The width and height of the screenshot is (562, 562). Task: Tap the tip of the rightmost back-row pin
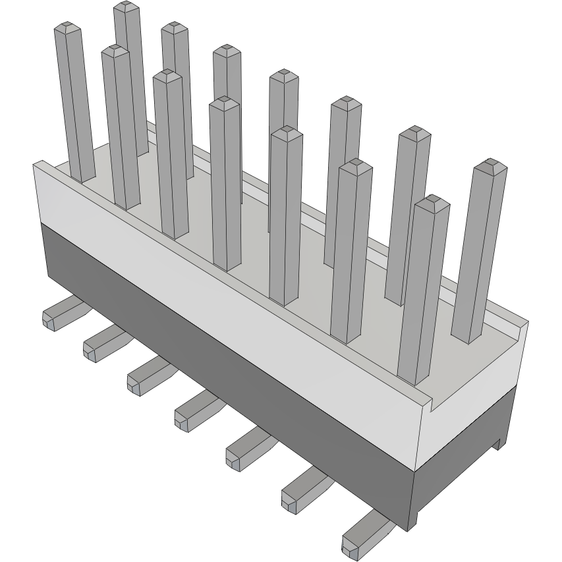coord(490,165)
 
